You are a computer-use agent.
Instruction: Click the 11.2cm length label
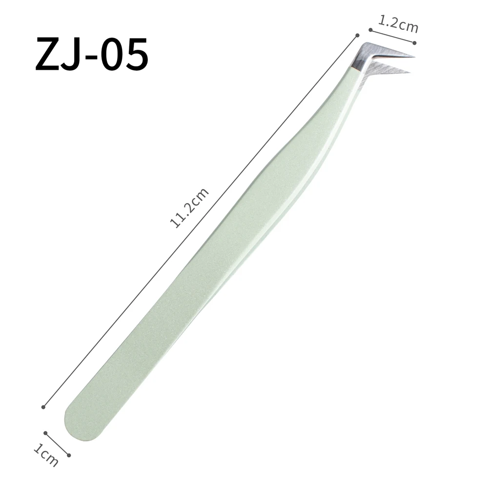click(189, 207)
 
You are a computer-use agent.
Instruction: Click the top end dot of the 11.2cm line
click(358, 35)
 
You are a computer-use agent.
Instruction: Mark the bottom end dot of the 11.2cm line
click(43, 407)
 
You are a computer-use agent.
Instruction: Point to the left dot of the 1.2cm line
click(371, 30)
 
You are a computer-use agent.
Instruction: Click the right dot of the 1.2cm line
click(415, 42)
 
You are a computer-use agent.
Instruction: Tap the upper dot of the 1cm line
click(45, 432)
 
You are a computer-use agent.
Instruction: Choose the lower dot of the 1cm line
click(69, 455)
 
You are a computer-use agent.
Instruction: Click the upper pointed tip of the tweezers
click(413, 57)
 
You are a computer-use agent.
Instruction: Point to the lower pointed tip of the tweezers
click(409, 73)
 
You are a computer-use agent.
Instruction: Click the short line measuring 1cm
click(57, 444)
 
